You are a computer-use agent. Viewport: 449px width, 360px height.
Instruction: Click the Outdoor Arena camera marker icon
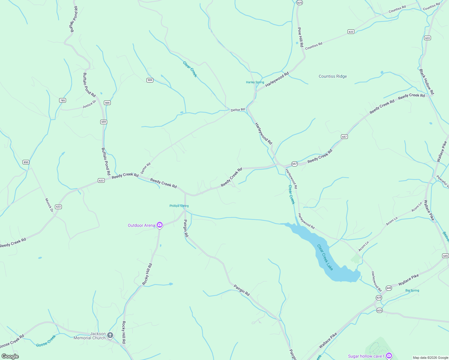[x=160, y=225]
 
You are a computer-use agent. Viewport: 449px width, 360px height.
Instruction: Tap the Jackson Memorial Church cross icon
[x=110, y=335]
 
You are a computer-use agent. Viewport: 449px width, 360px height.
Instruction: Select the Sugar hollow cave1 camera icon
[x=389, y=356]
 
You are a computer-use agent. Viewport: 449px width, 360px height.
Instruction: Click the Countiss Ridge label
[x=333, y=76]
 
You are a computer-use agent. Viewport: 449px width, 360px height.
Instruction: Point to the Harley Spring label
[x=255, y=82]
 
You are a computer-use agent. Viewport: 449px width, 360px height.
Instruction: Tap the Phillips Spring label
[x=179, y=206]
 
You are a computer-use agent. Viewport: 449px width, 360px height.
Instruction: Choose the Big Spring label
[x=412, y=290]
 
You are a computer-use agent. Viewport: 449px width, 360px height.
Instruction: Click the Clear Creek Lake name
[x=325, y=257]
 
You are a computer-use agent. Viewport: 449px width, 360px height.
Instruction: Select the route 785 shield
[x=62, y=100]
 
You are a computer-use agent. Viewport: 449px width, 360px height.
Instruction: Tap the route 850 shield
[x=26, y=162]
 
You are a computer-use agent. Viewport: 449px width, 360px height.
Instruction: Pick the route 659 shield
[x=104, y=122]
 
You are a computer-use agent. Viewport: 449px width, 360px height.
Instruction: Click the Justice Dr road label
[x=89, y=104]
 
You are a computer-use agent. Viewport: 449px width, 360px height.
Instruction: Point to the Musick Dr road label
[x=49, y=205]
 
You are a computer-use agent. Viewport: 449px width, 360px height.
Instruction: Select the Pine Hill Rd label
[x=300, y=37]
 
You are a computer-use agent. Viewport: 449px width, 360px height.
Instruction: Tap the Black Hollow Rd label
[x=426, y=82]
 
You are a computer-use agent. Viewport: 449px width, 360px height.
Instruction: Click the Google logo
[x=10, y=356]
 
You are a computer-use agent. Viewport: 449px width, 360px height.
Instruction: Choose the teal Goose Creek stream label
[x=46, y=341]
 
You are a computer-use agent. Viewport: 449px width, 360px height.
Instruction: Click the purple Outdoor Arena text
[x=141, y=225]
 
